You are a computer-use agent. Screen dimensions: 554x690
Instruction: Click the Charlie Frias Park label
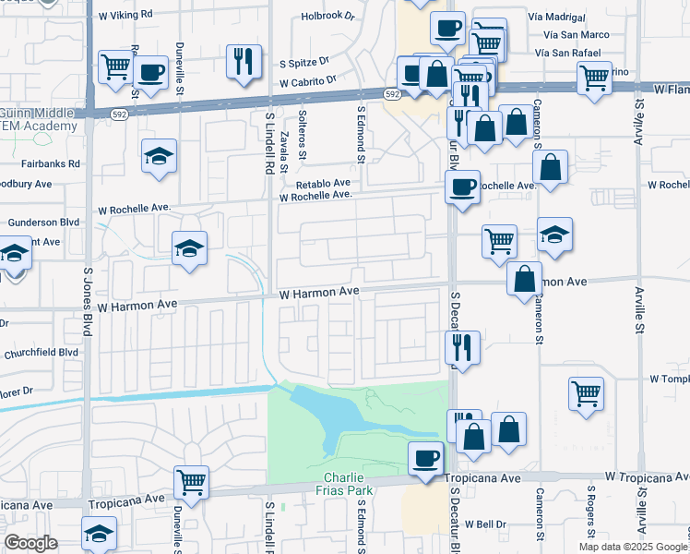point(347,483)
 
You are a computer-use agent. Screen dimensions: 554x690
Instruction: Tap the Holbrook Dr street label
point(328,16)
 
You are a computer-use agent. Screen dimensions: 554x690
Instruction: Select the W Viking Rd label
point(125,16)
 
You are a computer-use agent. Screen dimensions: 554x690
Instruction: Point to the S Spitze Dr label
point(304,64)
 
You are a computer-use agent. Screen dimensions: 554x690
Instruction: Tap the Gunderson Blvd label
point(43,223)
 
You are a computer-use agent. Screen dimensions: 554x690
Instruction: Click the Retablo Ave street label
point(322,183)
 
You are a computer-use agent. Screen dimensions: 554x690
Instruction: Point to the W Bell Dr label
point(486,524)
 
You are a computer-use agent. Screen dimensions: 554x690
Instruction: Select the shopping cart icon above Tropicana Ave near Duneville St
point(191,480)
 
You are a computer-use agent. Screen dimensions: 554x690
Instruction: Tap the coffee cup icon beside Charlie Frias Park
point(425,458)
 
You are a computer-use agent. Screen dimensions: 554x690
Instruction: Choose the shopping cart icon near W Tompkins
point(586,393)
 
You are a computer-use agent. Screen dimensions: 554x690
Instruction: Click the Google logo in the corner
point(30,543)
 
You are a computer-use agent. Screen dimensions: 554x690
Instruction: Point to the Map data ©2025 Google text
point(634,547)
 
